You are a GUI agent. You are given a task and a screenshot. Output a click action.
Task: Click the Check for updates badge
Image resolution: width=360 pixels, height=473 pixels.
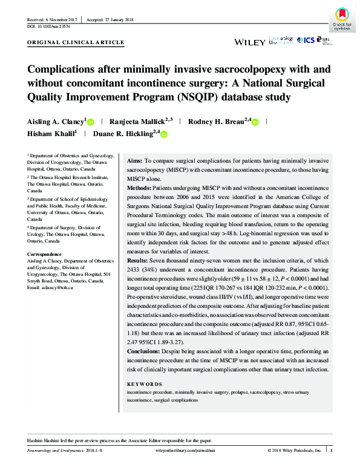point(342,18)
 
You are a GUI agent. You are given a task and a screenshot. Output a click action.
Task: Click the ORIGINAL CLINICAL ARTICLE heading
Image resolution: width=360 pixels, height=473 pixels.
point(76,43)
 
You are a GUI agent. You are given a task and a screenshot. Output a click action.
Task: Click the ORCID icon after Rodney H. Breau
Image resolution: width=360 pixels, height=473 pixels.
point(255,122)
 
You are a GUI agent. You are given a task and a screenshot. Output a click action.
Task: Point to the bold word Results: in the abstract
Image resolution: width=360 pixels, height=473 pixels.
point(140,276)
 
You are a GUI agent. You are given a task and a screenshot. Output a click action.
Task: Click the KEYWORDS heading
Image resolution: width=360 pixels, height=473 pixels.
point(145,384)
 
